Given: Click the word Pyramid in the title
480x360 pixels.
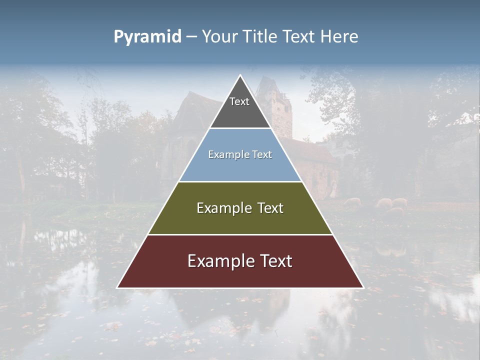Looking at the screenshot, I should tap(147, 37).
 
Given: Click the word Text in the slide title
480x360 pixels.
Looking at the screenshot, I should tap(299, 37).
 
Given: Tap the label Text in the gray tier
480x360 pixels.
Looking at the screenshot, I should tap(239, 102).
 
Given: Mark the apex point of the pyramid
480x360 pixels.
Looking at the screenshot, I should tap(240, 75).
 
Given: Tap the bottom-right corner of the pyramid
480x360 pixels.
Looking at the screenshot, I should tap(363, 287).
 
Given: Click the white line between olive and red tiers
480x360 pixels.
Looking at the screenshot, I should tap(240, 234).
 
